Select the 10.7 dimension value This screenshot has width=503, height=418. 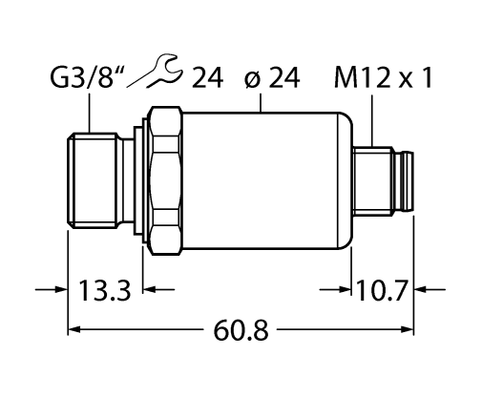pos(383,288)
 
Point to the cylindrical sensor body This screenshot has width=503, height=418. pos(262,181)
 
